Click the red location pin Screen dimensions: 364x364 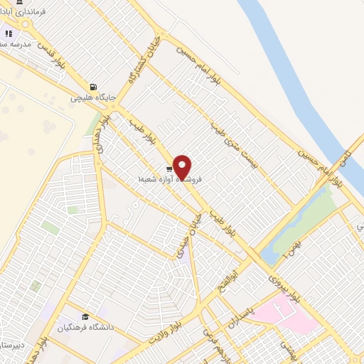(x=183, y=166)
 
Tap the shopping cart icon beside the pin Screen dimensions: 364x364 (x=168, y=169)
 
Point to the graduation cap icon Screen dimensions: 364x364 (x=85, y=317)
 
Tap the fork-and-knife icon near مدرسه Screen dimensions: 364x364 (x=9, y=33)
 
